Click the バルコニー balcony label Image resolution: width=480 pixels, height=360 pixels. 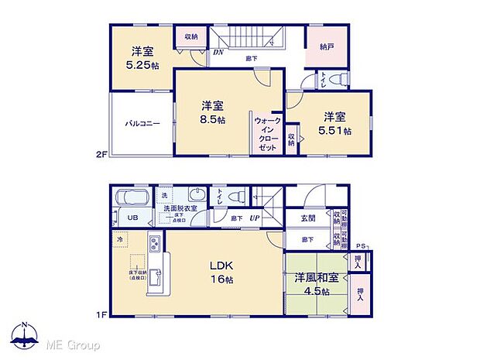pos(143,123)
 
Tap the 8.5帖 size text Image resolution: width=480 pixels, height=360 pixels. pos(214,121)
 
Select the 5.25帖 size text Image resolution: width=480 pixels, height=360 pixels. pos(142,66)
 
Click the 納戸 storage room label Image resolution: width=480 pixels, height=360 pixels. pos(327,46)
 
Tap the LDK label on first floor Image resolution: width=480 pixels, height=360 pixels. pos(221,266)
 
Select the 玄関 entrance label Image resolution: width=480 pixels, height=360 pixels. pos(308,218)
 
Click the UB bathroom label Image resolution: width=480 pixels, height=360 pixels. pos(132,218)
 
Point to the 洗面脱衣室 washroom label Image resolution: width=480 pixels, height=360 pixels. pos(179,208)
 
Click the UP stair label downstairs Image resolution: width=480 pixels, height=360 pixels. pos(254,219)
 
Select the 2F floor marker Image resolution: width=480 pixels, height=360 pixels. pos(101,155)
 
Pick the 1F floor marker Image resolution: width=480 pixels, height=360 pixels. pos(101,315)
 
